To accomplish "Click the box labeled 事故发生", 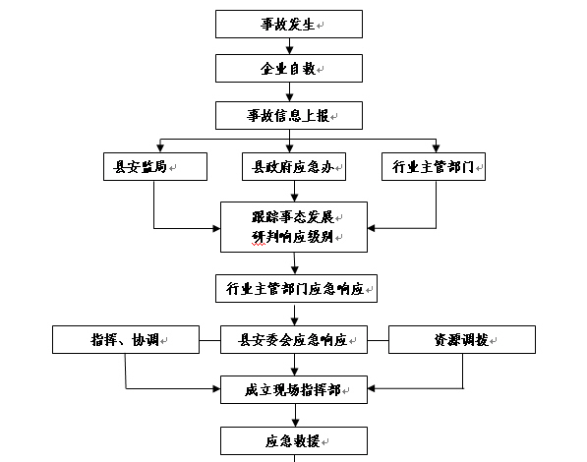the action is click(x=289, y=24).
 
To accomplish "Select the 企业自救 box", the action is click(x=289, y=68).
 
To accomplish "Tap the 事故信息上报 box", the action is click(x=289, y=115).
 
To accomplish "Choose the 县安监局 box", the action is click(x=155, y=166).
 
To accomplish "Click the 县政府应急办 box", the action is click(x=294, y=166).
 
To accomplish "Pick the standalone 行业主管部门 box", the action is click(x=434, y=166).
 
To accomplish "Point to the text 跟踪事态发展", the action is click(x=292, y=217).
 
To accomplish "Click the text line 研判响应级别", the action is click(x=292, y=237).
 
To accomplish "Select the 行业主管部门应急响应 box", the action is click(x=296, y=289).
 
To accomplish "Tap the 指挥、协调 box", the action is click(x=126, y=339).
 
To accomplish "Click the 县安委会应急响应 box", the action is click(x=294, y=339).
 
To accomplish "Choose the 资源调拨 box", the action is click(x=462, y=339).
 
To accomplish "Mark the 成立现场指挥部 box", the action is click(x=294, y=389).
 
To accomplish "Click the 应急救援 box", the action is click(x=294, y=441).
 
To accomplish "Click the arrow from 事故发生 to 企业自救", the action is click(x=289, y=46).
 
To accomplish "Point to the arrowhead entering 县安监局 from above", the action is click(x=160, y=148).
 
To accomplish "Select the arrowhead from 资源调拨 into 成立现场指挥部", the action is click(x=372, y=388).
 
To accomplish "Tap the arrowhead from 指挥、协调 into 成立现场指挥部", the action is click(x=216, y=389).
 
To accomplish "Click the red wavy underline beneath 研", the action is click(x=259, y=245).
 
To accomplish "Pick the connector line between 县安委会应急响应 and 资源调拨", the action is click(x=379, y=341).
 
